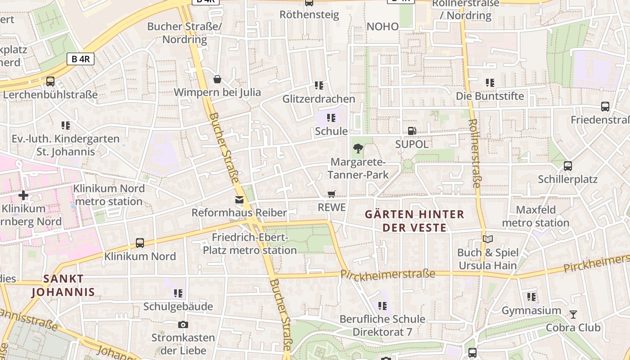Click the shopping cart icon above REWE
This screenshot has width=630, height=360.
coord(332,194)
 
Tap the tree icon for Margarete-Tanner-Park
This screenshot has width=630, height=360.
coord(358,148)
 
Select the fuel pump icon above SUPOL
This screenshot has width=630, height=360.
coord(411,131)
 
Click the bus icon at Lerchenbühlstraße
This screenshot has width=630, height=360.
coord(50,81)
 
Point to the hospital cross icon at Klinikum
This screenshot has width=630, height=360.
coord(23,195)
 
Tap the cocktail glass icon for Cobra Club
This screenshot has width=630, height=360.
coord(573,314)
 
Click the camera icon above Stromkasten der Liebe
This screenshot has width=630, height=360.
coord(183,324)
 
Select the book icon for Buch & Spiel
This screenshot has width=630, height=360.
coord(487,239)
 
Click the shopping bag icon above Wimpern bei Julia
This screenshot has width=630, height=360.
coord(217,79)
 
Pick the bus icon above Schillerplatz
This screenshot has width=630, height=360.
coord(568,166)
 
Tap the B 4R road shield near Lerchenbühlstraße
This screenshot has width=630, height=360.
coord(81,59)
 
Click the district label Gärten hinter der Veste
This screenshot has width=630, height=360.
coord(414,220)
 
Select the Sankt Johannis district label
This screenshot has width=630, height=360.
coord(63,285)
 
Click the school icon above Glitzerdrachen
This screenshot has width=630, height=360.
coord(319,85)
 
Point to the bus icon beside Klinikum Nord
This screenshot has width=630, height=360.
coord(140,243)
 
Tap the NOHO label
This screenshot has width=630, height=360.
coord(382,27)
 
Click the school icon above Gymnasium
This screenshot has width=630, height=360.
coord(531,297)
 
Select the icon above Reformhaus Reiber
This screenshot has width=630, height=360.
coord(239,200)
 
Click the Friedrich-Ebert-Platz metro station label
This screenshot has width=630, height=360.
coord(250,243)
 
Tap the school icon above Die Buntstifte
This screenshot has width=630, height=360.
coord(490,83)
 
